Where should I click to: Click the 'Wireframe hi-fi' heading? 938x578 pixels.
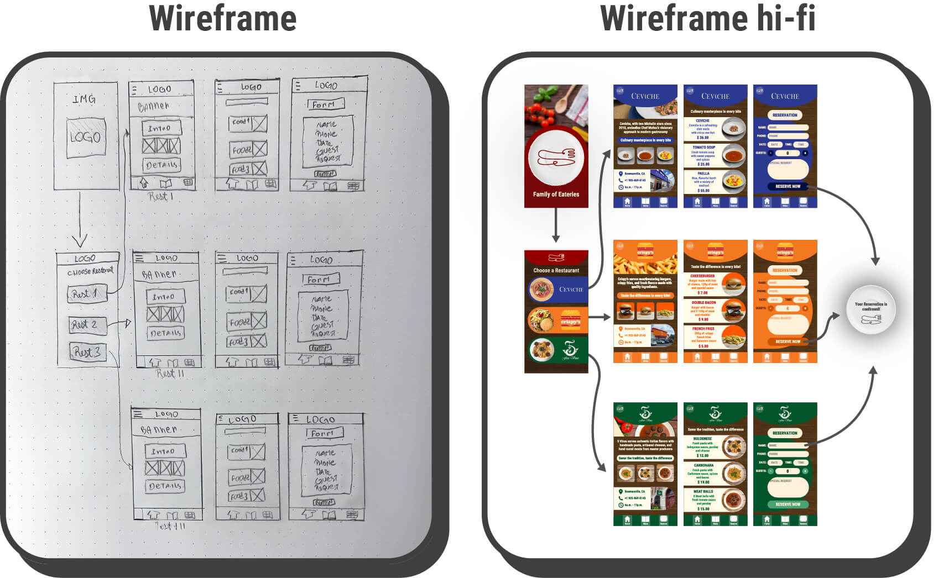[x=707, y=19]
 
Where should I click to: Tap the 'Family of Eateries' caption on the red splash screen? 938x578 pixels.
[x=556, y=195]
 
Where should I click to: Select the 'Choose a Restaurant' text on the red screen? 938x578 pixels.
[x=556, y=270]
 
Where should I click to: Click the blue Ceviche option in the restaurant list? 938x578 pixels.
[x=556, y=289]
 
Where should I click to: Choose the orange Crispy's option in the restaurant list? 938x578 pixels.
[x=556, y=320]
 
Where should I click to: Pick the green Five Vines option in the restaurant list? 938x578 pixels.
[x=556, y=350]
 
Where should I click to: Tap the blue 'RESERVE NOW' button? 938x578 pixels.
[x=788, y=186]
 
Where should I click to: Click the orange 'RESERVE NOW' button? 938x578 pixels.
[x=788, y=341]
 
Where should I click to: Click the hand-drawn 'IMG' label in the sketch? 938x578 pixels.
[x=84, y=99]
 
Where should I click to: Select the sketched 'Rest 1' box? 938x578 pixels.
[x=85, y=294]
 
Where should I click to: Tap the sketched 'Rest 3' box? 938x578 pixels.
[x=86, y=352]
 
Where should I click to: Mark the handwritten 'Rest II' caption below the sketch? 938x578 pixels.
[x=169, y=374]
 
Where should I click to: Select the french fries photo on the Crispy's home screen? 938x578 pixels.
[x=645, y=262]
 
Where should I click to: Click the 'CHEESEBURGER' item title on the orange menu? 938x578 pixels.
[x=702, y=276]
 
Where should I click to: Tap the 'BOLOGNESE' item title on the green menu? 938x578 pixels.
[x=702, y=438]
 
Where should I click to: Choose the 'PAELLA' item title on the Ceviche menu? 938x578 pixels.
[x=703, y=174]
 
